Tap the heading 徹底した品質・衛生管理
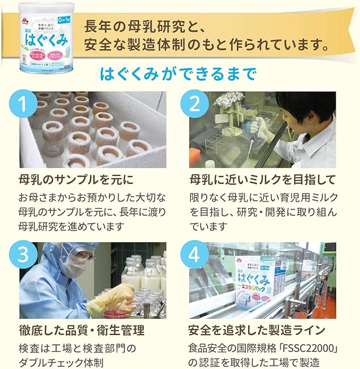point(81,330)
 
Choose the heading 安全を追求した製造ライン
point(257,330)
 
